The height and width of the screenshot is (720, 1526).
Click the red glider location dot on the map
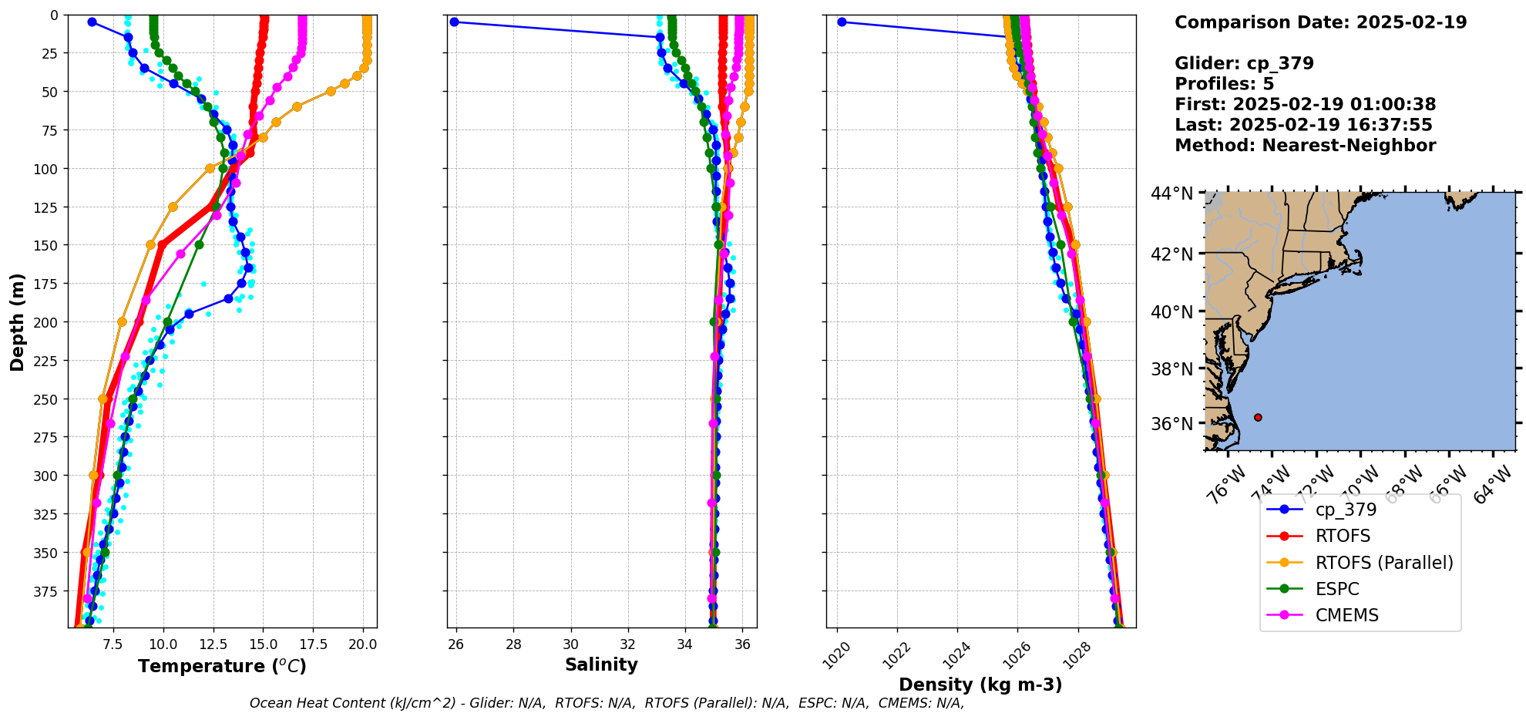1258,417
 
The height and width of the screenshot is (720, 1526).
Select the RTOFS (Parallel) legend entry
1383,563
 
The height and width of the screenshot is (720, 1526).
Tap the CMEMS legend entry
1346,615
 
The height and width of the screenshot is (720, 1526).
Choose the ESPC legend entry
1337,589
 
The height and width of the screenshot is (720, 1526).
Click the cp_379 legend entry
1346,510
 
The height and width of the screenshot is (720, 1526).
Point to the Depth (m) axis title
17,321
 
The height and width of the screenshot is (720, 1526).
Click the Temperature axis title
222,666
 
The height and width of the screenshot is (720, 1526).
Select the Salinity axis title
601,664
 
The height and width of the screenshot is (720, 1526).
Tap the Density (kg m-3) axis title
980,685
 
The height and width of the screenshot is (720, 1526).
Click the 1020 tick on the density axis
837,655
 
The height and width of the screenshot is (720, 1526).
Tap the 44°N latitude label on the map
1171,193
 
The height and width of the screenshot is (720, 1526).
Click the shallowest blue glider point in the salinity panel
454,22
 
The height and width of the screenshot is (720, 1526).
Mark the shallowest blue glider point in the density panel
842,22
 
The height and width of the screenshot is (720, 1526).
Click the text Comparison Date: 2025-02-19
1320,22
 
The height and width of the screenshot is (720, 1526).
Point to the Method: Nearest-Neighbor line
1305,146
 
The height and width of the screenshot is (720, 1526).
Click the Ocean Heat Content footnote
607,703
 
